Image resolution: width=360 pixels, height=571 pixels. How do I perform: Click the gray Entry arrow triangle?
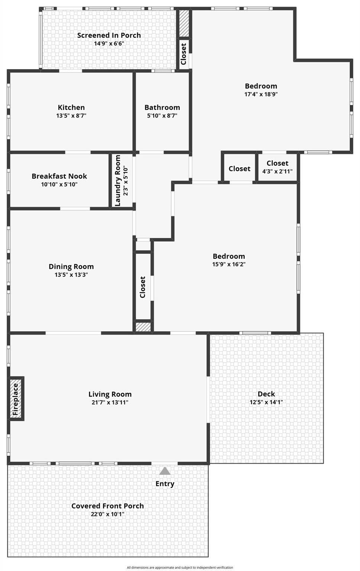[x=165, y=471]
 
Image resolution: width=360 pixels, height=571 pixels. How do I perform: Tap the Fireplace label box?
[x=16, y=399]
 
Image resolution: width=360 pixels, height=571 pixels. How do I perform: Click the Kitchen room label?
[x=71, y=107]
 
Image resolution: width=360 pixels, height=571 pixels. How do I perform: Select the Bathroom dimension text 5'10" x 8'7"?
[x=162, y=116]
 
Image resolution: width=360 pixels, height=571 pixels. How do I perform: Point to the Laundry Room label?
[x=118, y=180]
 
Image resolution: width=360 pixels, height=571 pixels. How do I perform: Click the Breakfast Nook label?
[x=59, y=176]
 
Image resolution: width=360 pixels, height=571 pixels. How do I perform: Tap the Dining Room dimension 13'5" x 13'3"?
[x=71, y=275]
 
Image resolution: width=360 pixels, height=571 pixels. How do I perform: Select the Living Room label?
[x=110, y=394]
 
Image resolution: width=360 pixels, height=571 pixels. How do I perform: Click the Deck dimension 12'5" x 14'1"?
[x=266, y=402]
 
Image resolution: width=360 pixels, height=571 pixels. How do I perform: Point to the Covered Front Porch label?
[x=107, y=506]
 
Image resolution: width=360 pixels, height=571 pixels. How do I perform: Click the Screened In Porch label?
[x=109, y=35]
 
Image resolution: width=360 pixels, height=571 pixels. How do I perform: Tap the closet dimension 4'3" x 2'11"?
[x=278, y=171]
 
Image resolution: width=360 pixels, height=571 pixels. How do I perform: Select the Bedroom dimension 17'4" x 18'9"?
[x=261, y=94]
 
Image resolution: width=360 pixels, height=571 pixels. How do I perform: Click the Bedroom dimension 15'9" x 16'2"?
[x=229, y=264]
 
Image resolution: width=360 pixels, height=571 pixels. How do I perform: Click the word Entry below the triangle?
[x=165, y=484]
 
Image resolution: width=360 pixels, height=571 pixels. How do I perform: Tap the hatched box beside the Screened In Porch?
[x=184, y=23]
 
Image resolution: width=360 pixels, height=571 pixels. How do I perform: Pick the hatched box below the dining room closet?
[x=143, y=327]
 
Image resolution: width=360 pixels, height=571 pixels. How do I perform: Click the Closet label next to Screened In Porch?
[x=184, y=54]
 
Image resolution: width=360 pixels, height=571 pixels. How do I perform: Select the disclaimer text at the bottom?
[x=180, y=567]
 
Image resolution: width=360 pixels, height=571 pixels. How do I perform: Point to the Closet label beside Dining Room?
[x=142, y=287]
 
